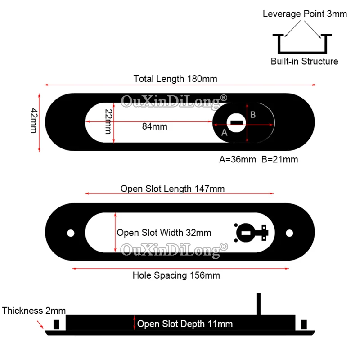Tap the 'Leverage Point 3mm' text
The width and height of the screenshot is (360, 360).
(305, 14)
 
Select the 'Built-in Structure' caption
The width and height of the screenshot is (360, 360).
(305, 62)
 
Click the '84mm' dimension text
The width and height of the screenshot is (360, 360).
(154, 126)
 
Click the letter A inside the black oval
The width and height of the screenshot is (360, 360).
(225, 133)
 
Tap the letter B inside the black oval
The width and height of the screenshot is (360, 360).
(253, 115)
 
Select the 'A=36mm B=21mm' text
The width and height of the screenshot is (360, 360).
(258, 159)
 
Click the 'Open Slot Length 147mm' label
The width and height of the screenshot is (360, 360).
(172, 189)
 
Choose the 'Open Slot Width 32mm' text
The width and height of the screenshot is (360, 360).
(164, 233)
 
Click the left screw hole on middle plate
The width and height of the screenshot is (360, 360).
(70, 233)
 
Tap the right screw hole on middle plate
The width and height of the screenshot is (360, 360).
(291, 233)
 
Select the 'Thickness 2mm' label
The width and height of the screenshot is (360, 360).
(34, 310)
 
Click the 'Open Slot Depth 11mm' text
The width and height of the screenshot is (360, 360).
(185, 324)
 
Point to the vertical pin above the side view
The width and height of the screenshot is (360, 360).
(259, 304)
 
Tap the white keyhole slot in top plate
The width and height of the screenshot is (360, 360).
(237, 121)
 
